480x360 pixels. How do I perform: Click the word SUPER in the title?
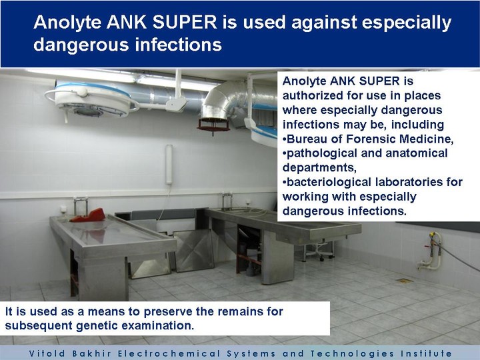click(x=185, y=23)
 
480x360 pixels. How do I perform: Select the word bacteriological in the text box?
click(x=329, y=182)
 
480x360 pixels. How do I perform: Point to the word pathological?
click(x=322, y=153)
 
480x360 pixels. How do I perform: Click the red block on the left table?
click(x=89, y=215)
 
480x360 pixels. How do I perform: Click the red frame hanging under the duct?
click(x=213, y=125)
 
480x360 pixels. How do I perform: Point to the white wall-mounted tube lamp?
click(x=169, y=165)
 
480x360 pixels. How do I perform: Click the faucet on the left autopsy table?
click(x=81, y=206)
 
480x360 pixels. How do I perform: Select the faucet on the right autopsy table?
click(x=227, y=201)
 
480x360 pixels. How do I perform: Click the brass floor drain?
click(x=404, y=281)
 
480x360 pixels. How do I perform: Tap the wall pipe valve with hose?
click(x=432, y=251)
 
